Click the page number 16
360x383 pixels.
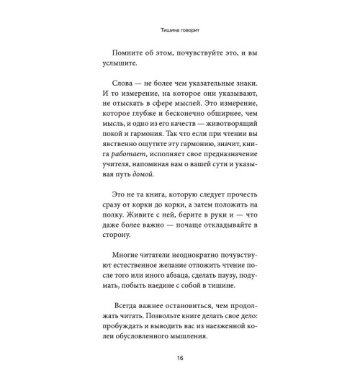(180, 359)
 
